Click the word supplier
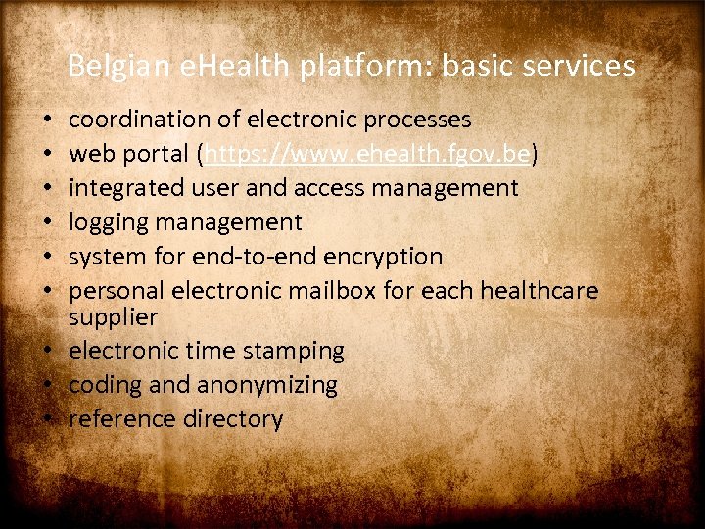[x=113, y=316]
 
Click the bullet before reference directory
[x=48, y=419]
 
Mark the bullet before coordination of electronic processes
[x=48, y=120]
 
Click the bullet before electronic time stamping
[x=48, y=351]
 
